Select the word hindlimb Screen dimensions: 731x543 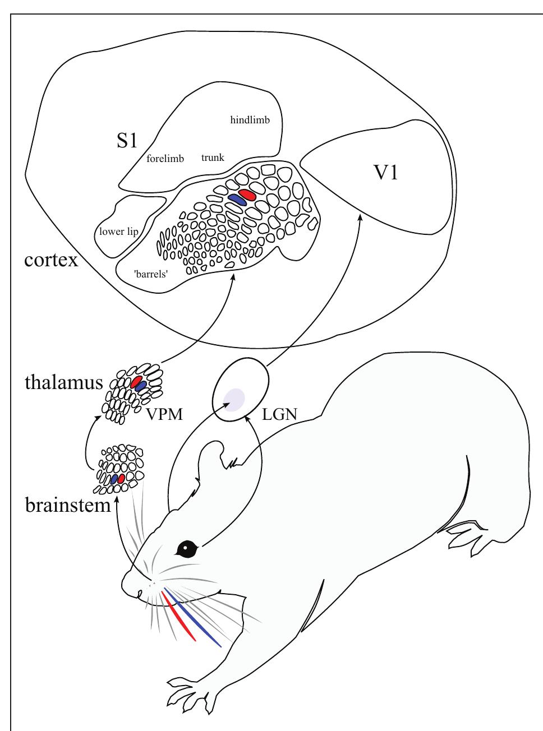click(x=250, y=120)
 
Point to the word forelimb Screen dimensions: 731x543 click(x=165, y=159)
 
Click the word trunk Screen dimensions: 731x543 click(x=213, y=158)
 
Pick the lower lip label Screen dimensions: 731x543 click(x=118, y=232)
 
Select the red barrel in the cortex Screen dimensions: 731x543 click(x=247, y=195)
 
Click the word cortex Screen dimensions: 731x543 click(x=51, y=260)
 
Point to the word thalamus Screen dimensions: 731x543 click(x=63, y=383)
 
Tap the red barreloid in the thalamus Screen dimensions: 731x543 click(x=136, y=382)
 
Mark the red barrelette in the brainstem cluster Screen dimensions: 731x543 click(x=121, y=478)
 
